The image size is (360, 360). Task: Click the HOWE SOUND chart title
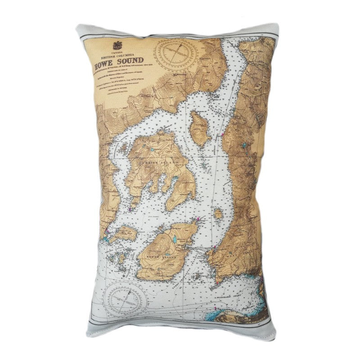[x=119, y=61]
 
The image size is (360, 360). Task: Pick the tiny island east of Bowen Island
[x=218, y=214]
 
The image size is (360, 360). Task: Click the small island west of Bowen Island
[x=124, y=233]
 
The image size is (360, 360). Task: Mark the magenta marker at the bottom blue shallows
[x=216, y=309]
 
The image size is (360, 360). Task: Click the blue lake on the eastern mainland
[x=243, y=146]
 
